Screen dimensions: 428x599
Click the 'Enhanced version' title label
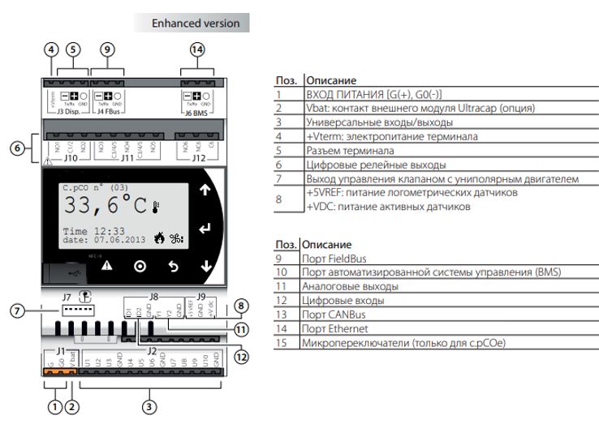click(196, 24)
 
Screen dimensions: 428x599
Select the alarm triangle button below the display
click(107, 265)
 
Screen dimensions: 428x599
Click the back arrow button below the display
click(172, 265)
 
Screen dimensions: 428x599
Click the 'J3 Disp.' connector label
click(65, 114)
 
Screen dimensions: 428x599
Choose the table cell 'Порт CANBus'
click(334, 315)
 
